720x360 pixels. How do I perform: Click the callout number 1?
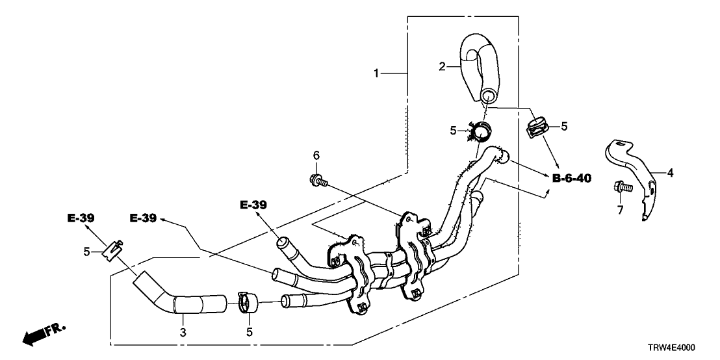376,74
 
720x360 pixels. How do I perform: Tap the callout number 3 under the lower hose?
183,332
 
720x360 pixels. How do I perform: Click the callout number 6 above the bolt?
316,155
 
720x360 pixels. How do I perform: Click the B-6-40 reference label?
572,178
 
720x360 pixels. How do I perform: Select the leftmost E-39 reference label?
81,218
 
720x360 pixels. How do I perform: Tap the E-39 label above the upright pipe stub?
253,205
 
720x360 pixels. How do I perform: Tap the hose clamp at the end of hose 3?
246,302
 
